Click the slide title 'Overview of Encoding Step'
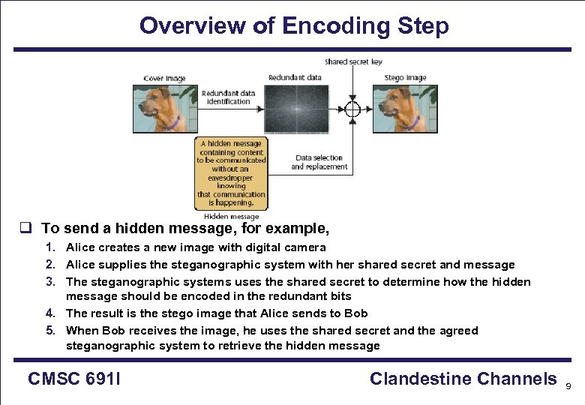click(x=294, y=25)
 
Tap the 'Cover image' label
click(x=164, y=79)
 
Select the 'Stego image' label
click(x=405, y=77)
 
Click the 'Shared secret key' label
click(x=352, y=61)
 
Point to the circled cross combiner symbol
click(x=352, y=108)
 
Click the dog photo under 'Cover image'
click(x=165, y=109)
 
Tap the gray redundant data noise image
click(x=295, y=109)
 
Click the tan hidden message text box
click(x=231, y=173)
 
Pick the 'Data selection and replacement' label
click(x=319, y=162)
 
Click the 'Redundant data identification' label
click(x=229, y=97)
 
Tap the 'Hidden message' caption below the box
click(x=231, y=216)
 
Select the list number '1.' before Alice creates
click(x=49, y=247)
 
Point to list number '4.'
click(x=49, y=313)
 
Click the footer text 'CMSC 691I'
click(x=74, y=379)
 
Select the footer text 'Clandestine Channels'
click(x=463, y=379)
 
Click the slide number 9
click(x=568, y=385)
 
